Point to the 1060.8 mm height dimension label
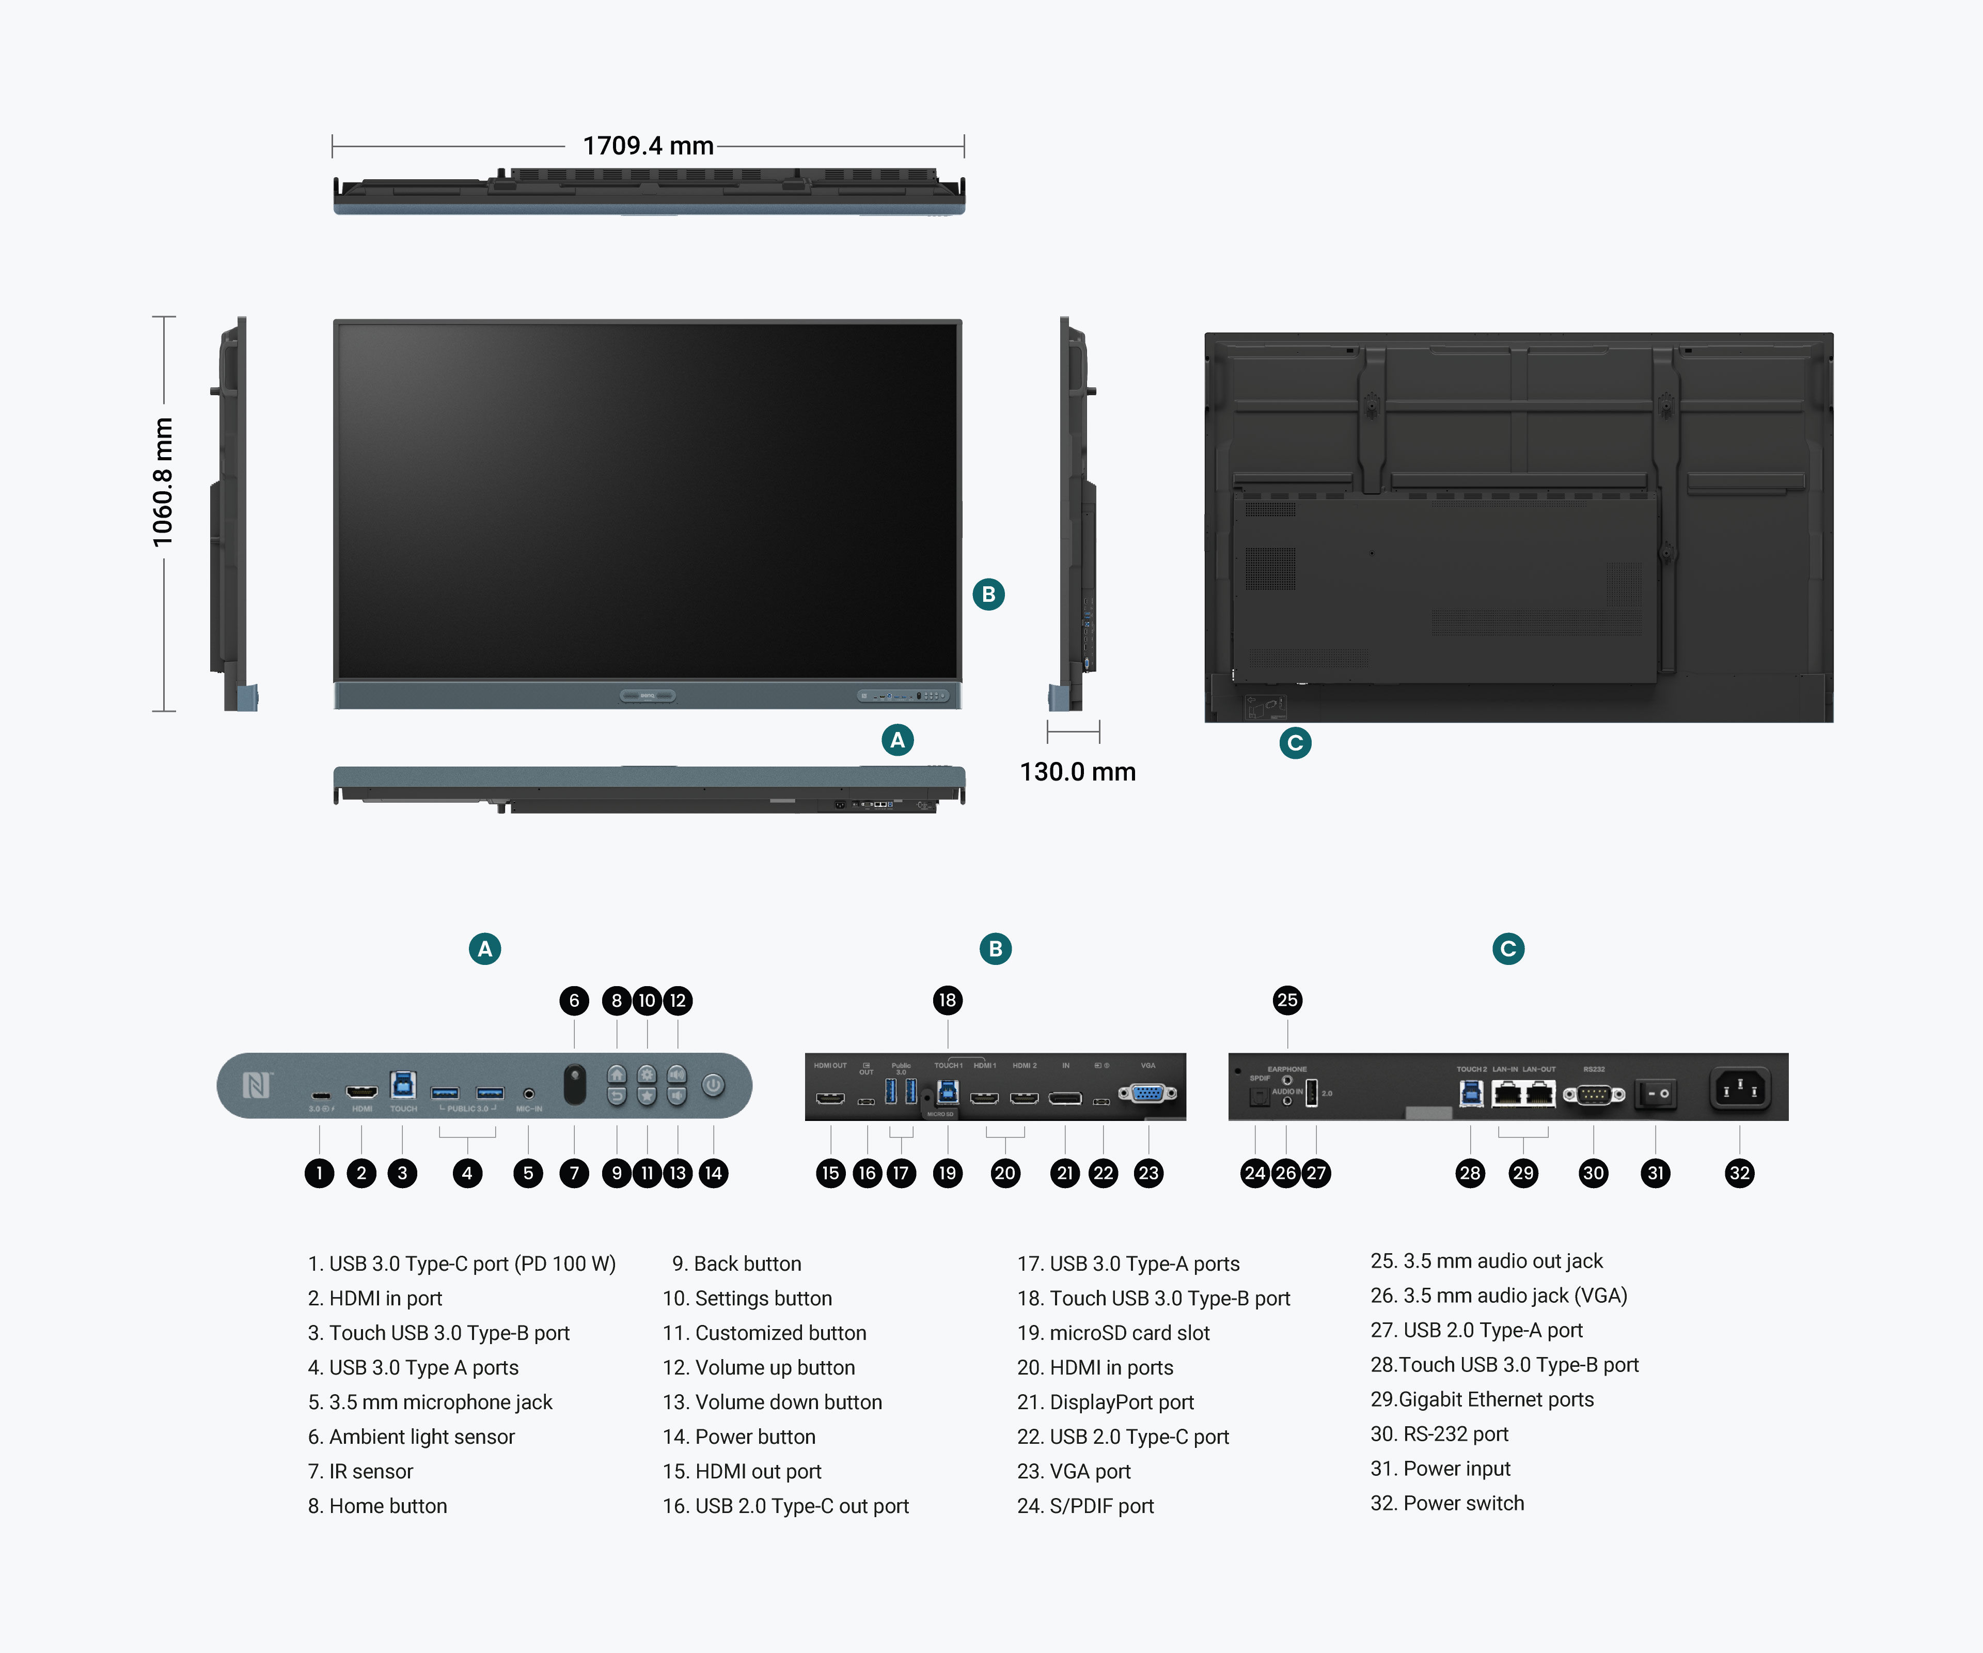tap(163, 482)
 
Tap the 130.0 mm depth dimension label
tap(1077, 772)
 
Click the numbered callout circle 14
tap(713, 1173)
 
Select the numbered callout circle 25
tap(1287, 1000)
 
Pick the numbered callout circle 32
tap(1739, 1173)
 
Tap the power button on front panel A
tap(713, 1085)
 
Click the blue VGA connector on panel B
tap(1147, 1094)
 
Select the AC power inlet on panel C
tap(1739, 1090)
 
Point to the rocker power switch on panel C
tap(1656, 1094)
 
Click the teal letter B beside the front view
tap(989, 594)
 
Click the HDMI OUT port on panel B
tap(830, 1099)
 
